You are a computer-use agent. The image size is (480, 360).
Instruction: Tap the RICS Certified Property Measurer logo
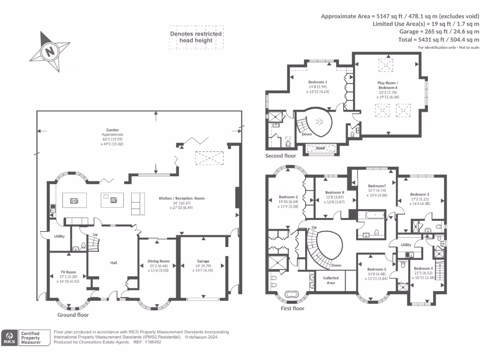[26, 337]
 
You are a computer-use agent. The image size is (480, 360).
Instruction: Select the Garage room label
[203, 261]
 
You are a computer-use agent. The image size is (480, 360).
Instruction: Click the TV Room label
[68, 272]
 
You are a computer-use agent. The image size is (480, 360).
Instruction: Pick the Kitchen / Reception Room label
[182, 198]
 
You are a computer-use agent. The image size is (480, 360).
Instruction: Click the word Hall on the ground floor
[113, 262]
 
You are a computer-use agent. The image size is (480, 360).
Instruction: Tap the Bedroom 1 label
[317, 82]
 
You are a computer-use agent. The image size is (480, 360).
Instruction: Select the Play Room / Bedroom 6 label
[388, 85]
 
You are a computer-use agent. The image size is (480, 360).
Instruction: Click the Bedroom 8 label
[335, 192]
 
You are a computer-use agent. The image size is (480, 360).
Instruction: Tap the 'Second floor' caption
[281, 156]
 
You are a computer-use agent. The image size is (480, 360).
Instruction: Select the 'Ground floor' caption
[73, 315]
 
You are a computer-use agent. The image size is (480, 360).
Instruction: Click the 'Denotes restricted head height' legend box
[195, 37]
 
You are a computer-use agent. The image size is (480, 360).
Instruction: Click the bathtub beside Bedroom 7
[370, 216]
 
